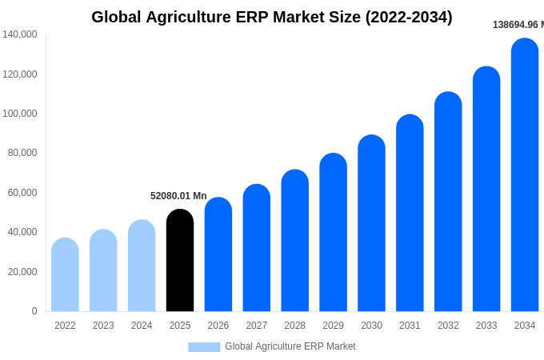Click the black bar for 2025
[180, 261]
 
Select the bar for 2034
[525, 176]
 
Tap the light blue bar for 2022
[65, 275]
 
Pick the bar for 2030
[371, 224]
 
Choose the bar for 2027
[257, 249]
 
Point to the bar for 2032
[448, 202]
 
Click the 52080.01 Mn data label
[178, 196]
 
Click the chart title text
[271, 17]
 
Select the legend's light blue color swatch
[204, 347]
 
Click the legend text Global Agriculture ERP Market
[290, 346]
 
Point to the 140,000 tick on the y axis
[20, 34]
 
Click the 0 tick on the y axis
[34, 311]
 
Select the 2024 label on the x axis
[142, 326]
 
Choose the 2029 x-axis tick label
[333, 326]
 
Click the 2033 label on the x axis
[486, 326]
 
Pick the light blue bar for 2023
[103, 271]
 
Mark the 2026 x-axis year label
[218, 326]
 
